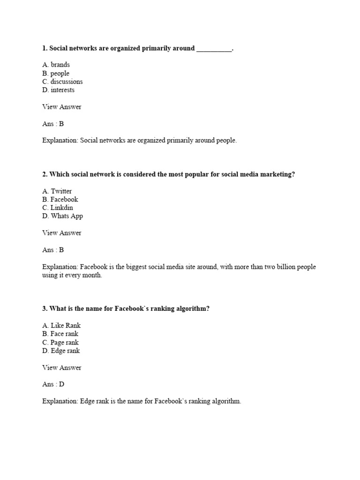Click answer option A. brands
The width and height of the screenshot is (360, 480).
(x=56, y=65)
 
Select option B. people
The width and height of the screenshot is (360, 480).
(x=56, y=73)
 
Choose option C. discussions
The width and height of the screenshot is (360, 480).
(x=62, y=82)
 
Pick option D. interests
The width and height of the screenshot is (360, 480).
(x=58, y=90)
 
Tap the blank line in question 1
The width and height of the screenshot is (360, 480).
(x=214, y=49)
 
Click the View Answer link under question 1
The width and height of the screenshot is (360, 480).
(x=61, y=107)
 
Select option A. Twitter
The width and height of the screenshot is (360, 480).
(x=57, y=191)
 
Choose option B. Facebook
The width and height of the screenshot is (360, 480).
(x=60, y=199)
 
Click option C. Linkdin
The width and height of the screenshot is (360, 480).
(x=58, y=208)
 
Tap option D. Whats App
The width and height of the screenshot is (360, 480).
(x=62, y=216)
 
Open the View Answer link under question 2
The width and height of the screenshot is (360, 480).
(x=61, y=233)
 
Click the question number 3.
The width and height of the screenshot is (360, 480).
(x=45, y=309)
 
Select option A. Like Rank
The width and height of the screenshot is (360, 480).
(x=61, y=325)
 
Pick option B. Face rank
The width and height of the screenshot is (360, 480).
(x=60, y=334)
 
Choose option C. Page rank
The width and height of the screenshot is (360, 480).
(x=60, y=342)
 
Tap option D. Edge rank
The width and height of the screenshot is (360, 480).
(x=61, y=351)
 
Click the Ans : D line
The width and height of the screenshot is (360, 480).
(x=53, y=384)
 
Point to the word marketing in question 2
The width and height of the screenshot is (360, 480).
(x=277, y=174)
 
